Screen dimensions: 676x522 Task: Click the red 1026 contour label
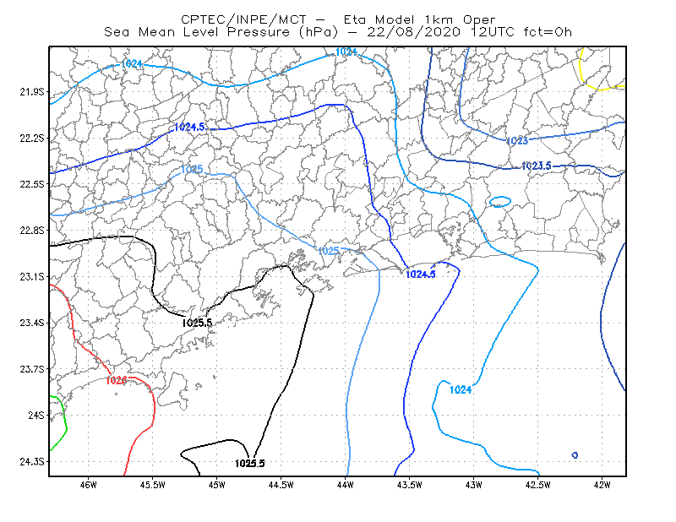116,380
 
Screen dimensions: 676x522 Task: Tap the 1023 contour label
516,141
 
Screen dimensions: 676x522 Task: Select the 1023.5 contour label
537,166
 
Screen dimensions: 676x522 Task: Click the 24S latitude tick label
36,415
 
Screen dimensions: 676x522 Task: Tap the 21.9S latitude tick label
32,92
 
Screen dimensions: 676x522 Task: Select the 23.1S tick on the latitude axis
32,276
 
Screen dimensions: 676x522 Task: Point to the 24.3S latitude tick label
32,462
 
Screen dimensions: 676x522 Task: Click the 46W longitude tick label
89,485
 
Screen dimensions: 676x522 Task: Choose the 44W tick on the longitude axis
346,485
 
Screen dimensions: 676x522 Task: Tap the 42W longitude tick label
602,485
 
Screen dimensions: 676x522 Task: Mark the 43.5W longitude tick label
410,485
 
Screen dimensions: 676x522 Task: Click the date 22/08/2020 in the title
413,32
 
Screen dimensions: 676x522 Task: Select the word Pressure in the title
259,32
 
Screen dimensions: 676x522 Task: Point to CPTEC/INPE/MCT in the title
243,19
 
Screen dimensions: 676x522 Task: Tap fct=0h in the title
548,32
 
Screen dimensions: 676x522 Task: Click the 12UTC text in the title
493,32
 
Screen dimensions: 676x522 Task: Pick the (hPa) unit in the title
319,32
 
